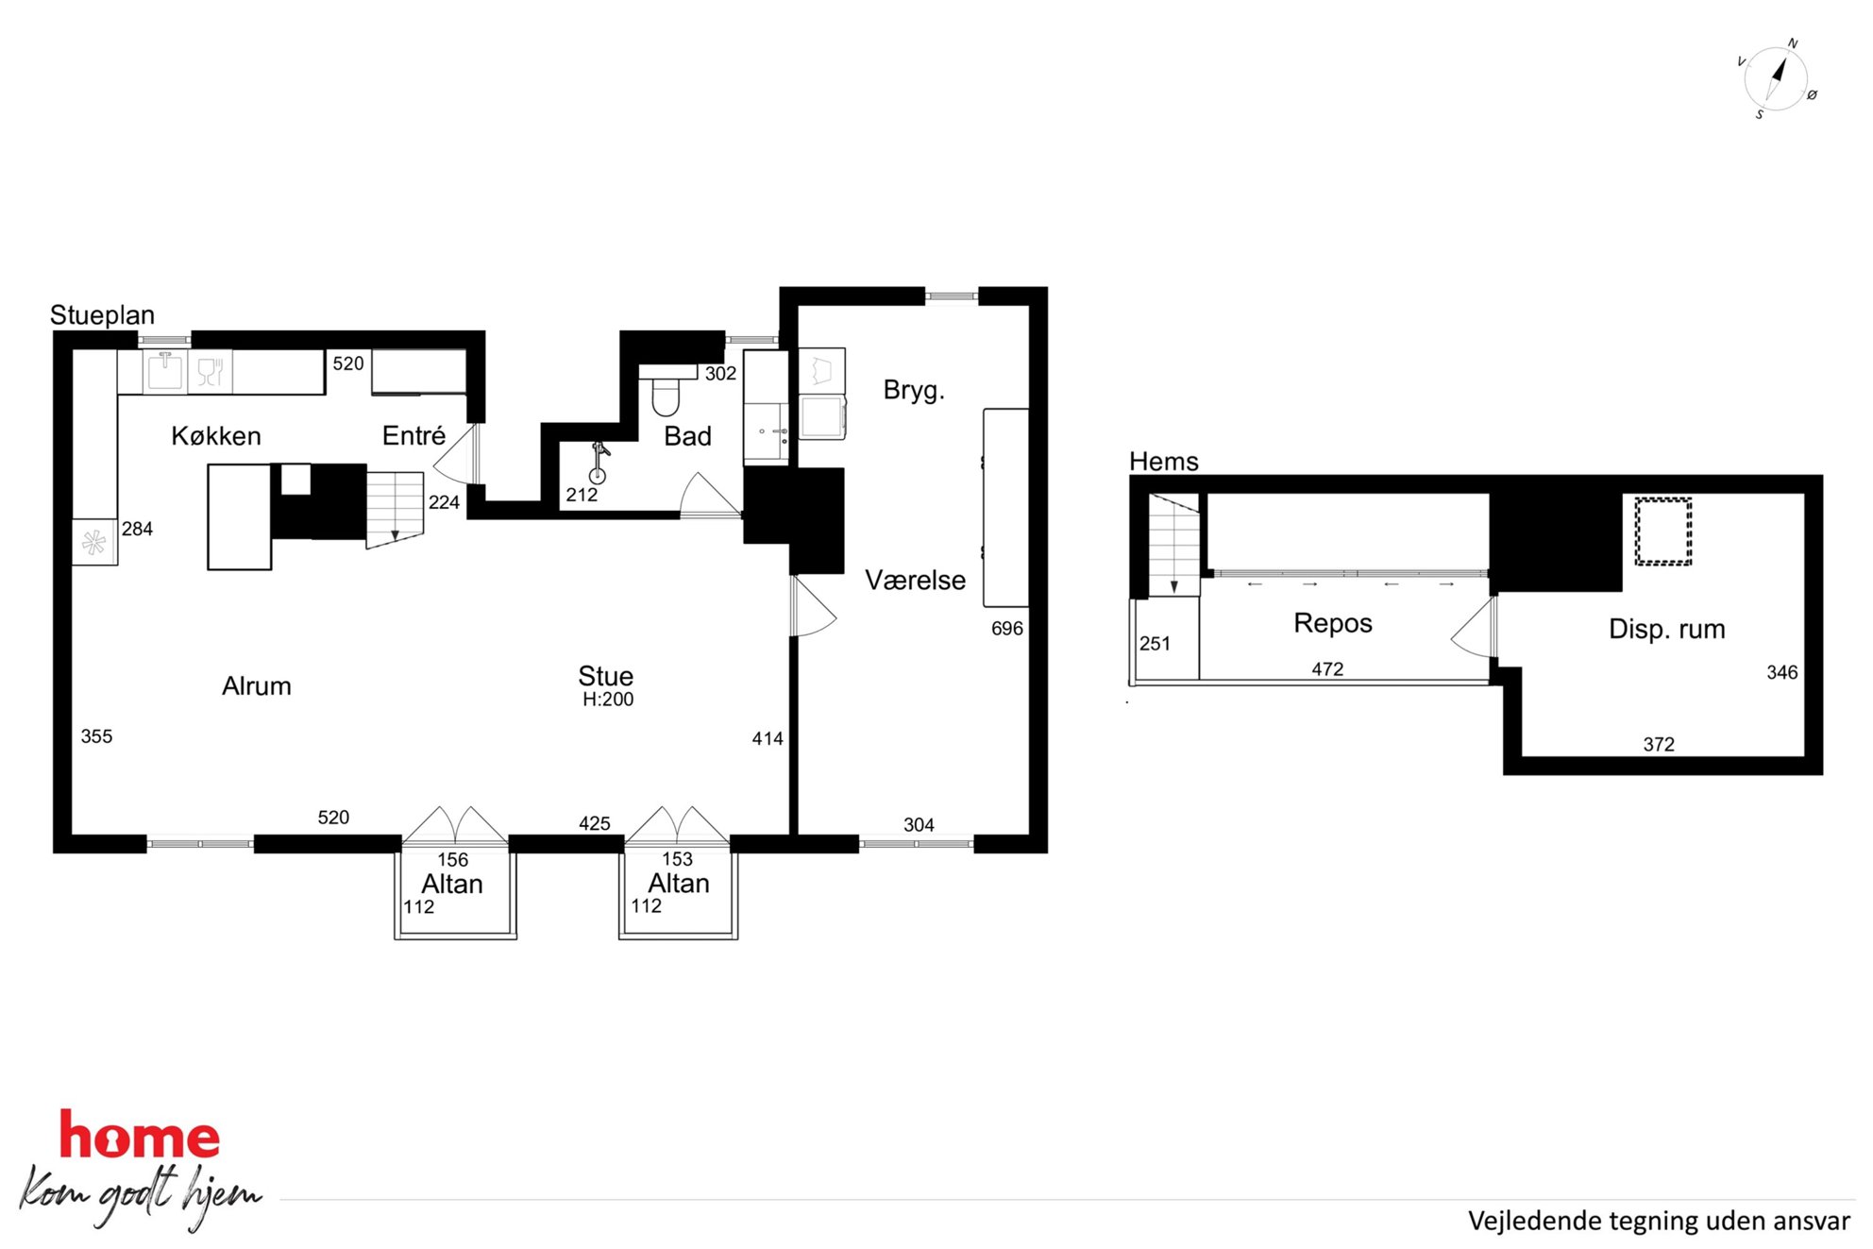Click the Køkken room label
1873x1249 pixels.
coord(216,436)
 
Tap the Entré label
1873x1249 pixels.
coord(413,435)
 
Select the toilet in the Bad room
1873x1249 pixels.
coord(666,391)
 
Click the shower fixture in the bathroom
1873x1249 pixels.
coord(599,463)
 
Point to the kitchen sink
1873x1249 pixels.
coord(165,371)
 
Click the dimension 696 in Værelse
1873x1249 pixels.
coord(1006,629)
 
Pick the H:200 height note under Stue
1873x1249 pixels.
coord(608,700)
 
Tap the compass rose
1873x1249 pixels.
coord(1776,79)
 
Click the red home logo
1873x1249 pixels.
coord(140,1136)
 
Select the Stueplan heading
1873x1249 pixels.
coord(102,315)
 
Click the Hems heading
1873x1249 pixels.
coord(1164,462)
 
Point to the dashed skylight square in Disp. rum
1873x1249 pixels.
coord(1662,532)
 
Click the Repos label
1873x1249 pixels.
coord(1333,623)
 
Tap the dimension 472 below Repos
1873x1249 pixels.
coord(1327,669)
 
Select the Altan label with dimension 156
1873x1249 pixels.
coord(452,885)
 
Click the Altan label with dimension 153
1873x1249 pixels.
coord(679,884)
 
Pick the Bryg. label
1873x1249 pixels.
coord(914,391)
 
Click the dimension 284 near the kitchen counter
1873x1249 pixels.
coord(137,530)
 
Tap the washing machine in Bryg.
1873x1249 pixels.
coord(823,417)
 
